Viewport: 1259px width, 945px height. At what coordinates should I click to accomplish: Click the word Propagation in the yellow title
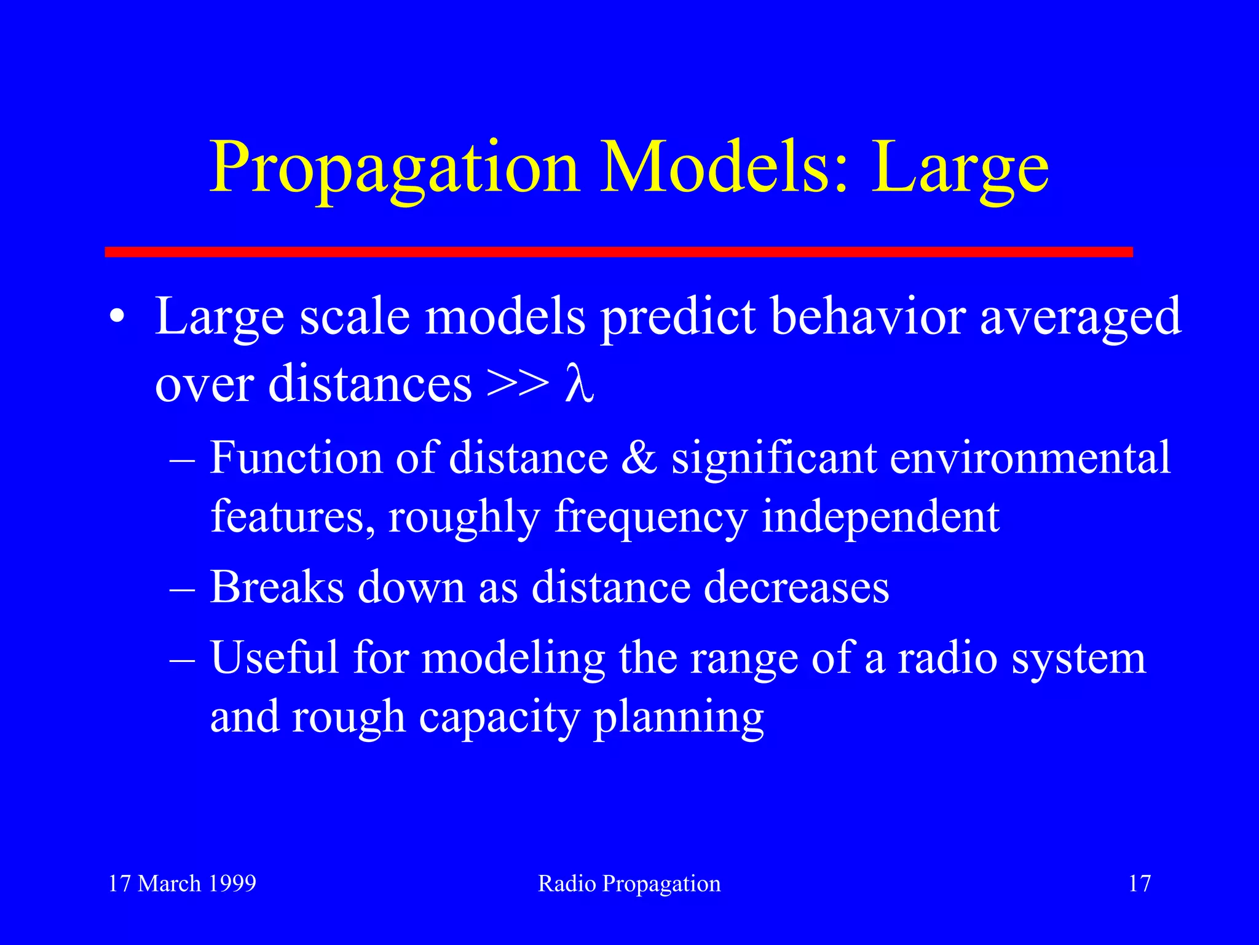393,169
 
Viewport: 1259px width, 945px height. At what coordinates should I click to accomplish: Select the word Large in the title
960,169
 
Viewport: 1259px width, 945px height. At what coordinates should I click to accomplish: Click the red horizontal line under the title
618,252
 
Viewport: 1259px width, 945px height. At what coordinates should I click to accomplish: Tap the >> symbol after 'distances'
517,385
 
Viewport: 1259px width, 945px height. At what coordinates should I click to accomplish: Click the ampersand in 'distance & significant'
639,458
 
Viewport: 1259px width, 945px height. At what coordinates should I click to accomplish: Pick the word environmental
1030,458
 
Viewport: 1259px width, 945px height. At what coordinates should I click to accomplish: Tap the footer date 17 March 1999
182,883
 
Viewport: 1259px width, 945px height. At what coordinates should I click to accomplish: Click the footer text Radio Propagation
629,883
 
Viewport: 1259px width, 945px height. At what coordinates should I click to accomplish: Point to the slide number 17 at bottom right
1139,883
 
